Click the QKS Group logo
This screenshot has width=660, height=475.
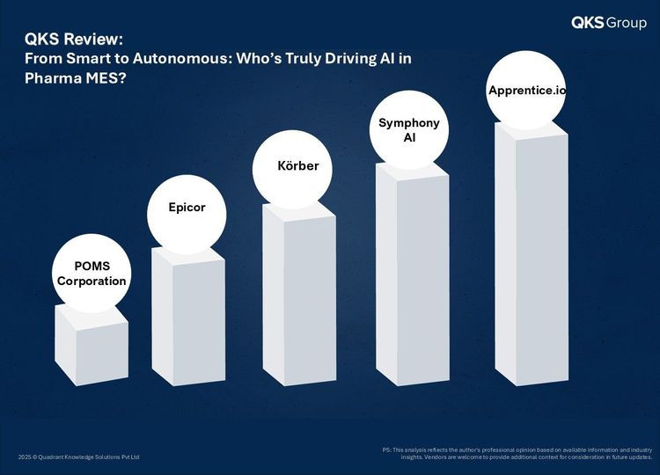pos(609,22)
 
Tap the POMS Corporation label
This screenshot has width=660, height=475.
pos(92,274)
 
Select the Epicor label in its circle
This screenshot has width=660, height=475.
pos(187,207)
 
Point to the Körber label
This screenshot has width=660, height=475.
pos(298,165)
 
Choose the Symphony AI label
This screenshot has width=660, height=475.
pos(409,130)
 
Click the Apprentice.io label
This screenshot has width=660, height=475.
pos(527,91)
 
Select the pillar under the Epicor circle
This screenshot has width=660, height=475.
pos(188,317)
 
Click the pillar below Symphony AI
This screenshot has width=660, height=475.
pos(413,274)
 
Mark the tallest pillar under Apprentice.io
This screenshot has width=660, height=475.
pos(532,253)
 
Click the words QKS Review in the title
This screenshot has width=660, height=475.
pos(74,39)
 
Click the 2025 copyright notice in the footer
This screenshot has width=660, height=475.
pos(78,457)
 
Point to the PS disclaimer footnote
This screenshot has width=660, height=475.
pos(517,454)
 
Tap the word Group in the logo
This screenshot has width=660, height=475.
pos(627,23)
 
